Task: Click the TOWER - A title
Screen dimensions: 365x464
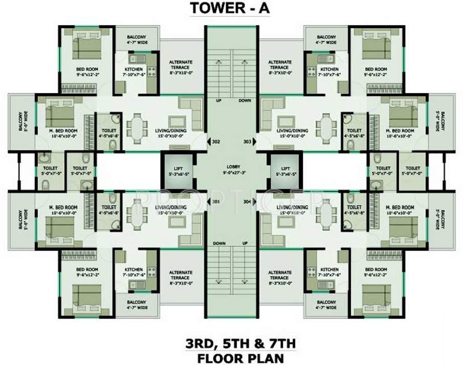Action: (x=231, y=9)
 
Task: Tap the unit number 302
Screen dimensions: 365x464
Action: (x=216, y=142)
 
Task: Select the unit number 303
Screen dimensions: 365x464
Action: (x=247, y=142)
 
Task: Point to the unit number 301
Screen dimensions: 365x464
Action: (x=216, y=201)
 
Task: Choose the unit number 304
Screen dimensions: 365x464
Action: (x=247, y=201)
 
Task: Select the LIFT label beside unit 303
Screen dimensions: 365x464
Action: (x=285, y=168)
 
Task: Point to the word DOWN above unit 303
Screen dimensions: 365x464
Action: (x=245, y=101)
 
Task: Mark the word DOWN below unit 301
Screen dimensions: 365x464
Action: (x=219, y=243)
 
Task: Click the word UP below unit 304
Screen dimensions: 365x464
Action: (x=245, y=243)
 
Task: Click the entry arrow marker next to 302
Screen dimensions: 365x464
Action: (x=208, y=142)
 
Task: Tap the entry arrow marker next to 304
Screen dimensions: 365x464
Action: (x=254, y=201)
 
